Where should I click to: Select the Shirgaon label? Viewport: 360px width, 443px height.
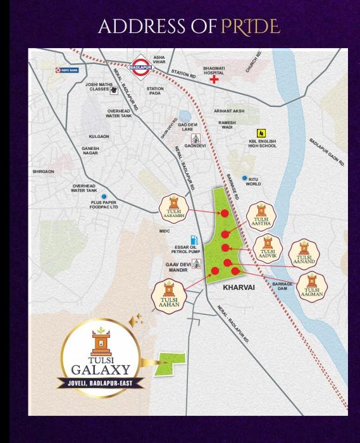[44, 171]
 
